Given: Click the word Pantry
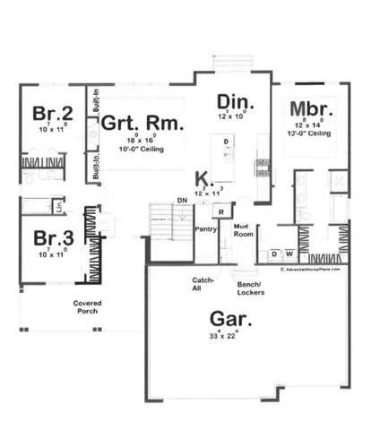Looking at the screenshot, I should tap(206, 229).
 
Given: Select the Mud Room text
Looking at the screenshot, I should tap(242, 230).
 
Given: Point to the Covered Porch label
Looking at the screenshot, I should tap(88, 307).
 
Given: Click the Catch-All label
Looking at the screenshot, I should tap(203, 284).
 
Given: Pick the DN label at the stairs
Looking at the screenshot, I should tap(181, 199).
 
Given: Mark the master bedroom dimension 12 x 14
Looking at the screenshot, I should tap(308, 125).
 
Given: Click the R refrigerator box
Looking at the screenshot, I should tap(220, 213).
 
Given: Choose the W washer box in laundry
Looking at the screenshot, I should tap(288, 254).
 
